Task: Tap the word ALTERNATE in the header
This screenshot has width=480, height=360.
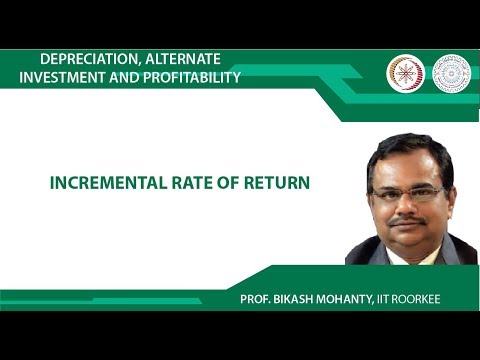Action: point(185,59)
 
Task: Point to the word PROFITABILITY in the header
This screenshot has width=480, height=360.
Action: point(189,77)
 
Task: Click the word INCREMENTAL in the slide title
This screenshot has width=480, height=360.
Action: point(101,184)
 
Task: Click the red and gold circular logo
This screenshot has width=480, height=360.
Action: point(405,73)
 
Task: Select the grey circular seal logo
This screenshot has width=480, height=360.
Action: point(451,73)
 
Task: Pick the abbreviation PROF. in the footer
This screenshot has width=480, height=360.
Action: point(253,301)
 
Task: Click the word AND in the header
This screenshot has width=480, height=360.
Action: point(120,77)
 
